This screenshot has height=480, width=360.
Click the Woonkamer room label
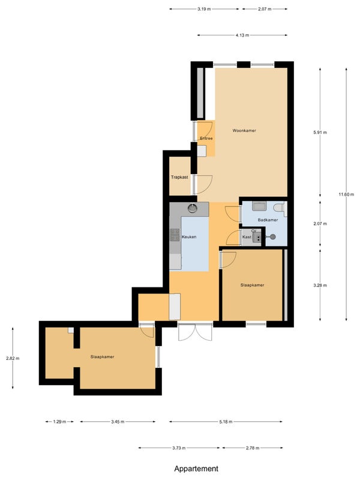244,131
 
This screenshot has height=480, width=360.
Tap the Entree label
206,139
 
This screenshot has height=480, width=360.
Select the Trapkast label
179,177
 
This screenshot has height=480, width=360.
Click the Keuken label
189,237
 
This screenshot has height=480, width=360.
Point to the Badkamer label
268,220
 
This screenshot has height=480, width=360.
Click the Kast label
247,237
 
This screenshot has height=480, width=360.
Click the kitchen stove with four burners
175,235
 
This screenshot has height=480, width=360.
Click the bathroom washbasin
259,206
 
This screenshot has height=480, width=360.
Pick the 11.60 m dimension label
346,194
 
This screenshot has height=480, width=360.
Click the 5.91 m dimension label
320,133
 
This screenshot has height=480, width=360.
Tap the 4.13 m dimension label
242,35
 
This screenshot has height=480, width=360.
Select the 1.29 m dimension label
59,422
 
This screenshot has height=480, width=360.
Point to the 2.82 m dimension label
13,358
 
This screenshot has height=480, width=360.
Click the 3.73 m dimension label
179,448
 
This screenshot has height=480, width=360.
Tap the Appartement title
196,469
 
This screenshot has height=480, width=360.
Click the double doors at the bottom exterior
195,332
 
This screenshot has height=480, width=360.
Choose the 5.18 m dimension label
226,422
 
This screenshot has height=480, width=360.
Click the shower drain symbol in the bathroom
272,236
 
